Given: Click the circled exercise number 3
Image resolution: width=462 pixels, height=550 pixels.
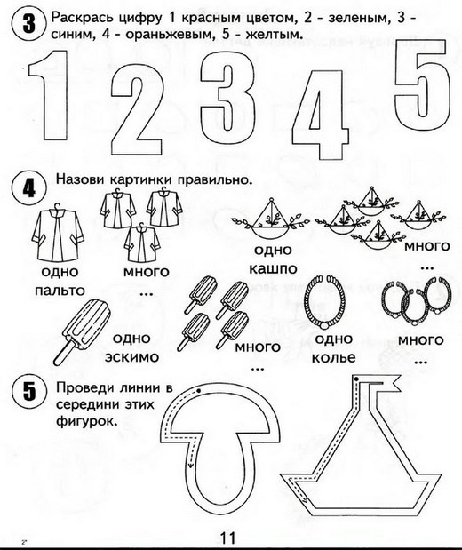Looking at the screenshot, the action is [x=28, y=24].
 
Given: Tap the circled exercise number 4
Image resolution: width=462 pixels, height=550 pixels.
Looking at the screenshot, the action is [x=28, y=190].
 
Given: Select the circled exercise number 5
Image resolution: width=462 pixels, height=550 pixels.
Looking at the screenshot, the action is [x=28, y=391].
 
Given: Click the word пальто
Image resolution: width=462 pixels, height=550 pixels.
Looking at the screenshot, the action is [x=60, y=291].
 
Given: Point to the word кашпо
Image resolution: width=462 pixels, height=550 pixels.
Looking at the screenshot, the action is [x=273, y=269].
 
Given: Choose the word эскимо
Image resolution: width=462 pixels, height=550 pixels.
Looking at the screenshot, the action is [x=131, y=357].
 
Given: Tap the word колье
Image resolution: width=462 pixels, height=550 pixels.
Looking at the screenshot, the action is [x=333, y=358].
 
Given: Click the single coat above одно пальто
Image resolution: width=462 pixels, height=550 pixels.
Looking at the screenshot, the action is [x=58, y=234].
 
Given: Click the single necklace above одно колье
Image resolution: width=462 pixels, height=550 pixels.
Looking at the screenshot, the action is [x=324, y=302].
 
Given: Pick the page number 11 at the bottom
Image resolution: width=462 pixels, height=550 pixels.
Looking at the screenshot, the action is [x=227, y=538].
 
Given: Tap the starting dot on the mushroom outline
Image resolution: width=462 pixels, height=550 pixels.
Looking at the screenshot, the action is [x=198, y=390].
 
